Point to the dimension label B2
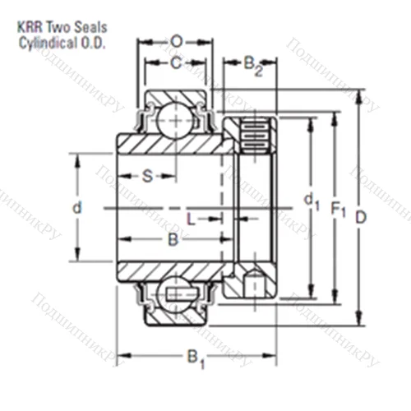point(254,64)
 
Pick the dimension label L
point(192,218)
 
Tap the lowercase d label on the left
point(76,209)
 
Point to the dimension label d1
point(309,201)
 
